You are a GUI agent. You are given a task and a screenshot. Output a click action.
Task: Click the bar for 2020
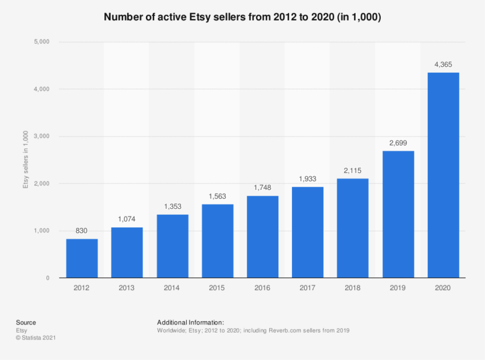pos(443,175)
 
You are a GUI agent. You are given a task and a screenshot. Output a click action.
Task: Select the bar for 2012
pos(82,258)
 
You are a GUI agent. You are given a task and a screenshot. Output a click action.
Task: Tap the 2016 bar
pos(262,237)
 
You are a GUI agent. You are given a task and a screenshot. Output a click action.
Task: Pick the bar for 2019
pos(398,214)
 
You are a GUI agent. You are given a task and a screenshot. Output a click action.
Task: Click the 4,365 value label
pos(443,65)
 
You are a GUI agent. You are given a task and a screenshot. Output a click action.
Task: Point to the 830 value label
pos(82,231)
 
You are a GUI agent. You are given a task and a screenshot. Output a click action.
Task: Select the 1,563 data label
pos(217,196)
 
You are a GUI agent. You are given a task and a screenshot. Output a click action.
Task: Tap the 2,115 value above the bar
pos(353,171)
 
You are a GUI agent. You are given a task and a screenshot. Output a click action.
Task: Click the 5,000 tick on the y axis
pos(42,42)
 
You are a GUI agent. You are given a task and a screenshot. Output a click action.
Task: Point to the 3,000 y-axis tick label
pos(42,137)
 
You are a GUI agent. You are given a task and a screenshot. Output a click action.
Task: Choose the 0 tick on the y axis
pos(48,278)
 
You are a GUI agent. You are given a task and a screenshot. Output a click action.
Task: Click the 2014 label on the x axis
pos(172,288)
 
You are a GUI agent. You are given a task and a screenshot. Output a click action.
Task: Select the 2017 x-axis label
pos(307,288)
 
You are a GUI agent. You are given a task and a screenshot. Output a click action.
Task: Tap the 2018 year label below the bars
pos(353,288)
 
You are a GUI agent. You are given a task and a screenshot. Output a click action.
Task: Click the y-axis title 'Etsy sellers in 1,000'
pos(25,160)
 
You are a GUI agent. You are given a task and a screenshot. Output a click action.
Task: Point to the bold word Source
pos(25,322)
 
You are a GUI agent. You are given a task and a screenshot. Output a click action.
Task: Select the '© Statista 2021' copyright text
pos(36,338)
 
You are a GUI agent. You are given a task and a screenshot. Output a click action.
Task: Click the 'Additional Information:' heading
pos(190,322)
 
